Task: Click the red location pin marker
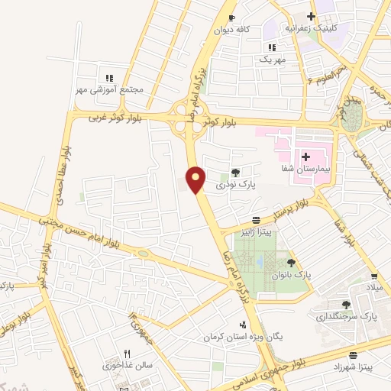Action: [x=196, y=179]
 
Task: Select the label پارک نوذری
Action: [x=235, y=185]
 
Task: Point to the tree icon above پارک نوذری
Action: [x=235, y=172]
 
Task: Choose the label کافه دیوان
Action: [x=232, y=31]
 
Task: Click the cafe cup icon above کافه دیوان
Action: [x=232, y=18]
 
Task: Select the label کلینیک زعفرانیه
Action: [x=305, y=28]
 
